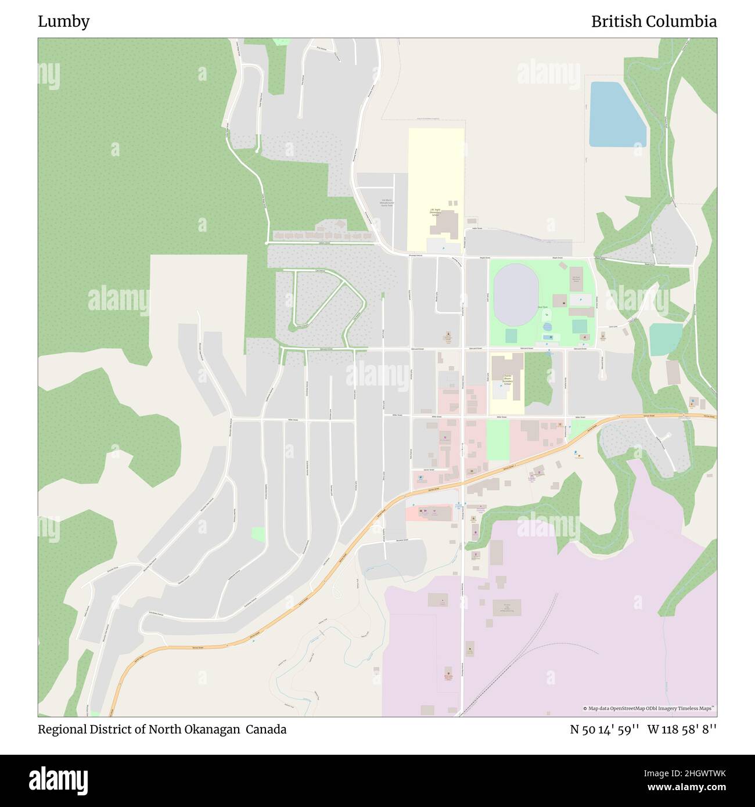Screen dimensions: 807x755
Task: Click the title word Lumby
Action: tap(64, 21)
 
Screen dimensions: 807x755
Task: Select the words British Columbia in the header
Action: tap(653, 21)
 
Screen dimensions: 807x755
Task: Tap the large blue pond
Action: tap(616, 115)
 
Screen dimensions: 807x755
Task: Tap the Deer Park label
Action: tap(542, 307)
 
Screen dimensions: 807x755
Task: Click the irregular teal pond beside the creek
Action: tap(665, 338)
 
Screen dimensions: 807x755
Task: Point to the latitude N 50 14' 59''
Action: tap(605, 729)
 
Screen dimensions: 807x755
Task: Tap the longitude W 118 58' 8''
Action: tap(682, 729)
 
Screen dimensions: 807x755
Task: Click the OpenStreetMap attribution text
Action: tap(649, 708)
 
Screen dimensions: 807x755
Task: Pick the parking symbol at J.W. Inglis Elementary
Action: tap(444, 248)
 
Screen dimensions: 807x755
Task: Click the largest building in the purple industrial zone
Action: tap(507, 607)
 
